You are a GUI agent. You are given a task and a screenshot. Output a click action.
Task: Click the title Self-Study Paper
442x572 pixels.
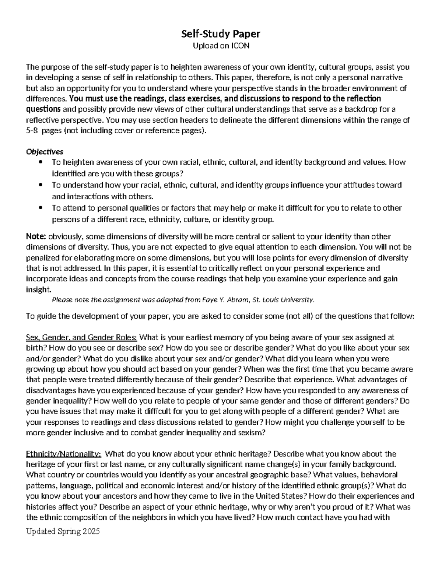pos(221,34)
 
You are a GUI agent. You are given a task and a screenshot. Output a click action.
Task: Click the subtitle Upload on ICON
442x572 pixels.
pos(221,46)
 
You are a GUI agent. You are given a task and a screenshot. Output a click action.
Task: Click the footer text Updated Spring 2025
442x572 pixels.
pos(63,532)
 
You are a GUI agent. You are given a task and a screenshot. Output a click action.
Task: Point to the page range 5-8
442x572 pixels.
pos(32,131)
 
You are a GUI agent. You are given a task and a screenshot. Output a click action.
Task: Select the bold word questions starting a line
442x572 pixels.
pos(43,109)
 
